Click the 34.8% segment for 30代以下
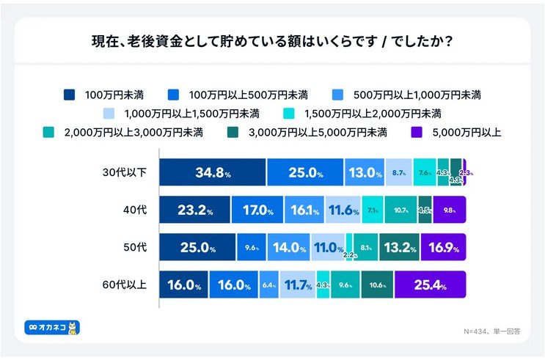coord(213,173)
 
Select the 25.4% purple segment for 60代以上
coord(430,284)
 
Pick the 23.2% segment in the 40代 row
coord(194,210)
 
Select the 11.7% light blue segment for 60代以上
coord(297,284)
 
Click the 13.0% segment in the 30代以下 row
coord(364,173)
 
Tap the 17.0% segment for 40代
coord(257,210)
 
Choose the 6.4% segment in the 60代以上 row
coord(269,284)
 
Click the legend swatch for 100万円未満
coord(70,95)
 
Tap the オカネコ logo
coord(52,327)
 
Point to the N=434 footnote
coord(489,330)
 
